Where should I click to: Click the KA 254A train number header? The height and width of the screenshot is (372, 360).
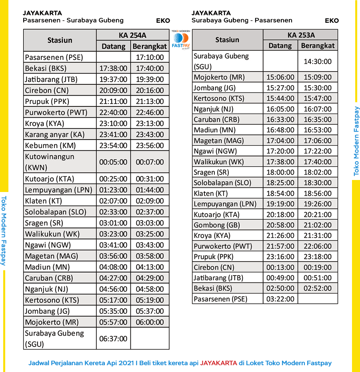[132, 35]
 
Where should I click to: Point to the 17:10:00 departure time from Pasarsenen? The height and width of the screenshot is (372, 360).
[150, 57]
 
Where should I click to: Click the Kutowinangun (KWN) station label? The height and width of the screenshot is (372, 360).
[50, 162]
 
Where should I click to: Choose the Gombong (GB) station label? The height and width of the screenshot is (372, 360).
[217, 225]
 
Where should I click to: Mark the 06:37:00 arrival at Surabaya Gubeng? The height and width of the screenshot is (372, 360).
[113, 338]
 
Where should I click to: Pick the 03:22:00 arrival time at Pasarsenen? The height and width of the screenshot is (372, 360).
[280, 298]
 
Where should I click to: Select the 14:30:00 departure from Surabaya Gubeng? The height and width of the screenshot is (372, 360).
[318, 61]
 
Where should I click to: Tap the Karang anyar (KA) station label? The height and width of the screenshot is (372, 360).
[55, 134]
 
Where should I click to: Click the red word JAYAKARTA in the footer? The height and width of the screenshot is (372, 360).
[218, 363]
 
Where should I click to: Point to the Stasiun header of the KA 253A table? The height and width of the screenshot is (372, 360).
[227, 40]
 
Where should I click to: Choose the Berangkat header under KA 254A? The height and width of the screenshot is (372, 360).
[150, 46]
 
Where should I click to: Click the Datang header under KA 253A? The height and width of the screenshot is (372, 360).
[280, 45]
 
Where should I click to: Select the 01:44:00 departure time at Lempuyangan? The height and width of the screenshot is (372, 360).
[150, 190]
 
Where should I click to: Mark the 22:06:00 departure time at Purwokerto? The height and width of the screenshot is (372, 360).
[318, 246]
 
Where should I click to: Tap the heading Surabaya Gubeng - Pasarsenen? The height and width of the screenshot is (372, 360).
[242, 20]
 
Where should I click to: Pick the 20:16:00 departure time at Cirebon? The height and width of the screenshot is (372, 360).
[150, 90]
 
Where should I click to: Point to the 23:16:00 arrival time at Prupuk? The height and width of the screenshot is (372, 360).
[280, 257]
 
